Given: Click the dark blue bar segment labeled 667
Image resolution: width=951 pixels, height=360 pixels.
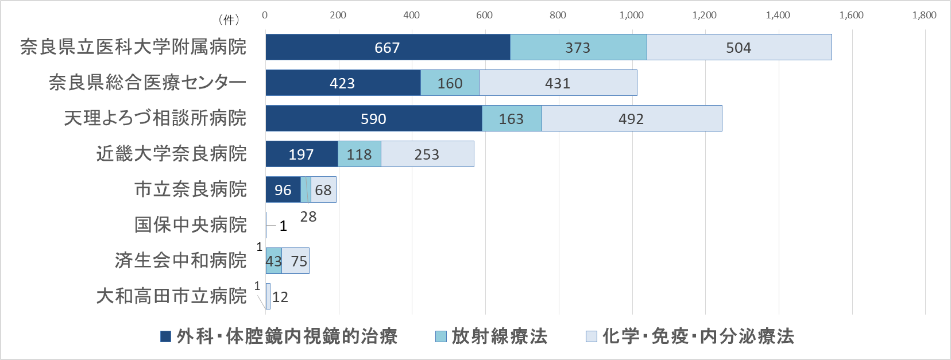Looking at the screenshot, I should (x=388, y=47).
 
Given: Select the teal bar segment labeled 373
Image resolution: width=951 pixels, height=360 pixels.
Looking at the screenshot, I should (x=578, y=47).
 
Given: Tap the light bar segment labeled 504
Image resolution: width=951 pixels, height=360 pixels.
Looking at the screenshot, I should (x=739, y=47).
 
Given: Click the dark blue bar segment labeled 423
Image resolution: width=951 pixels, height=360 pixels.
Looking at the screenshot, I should (x=343, y=83).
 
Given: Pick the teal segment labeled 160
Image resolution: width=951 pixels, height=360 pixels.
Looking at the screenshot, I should (x=450, y=83).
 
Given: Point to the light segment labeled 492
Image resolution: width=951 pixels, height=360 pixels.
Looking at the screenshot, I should (x=632, y=118).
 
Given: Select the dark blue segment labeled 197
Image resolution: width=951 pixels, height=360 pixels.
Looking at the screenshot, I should (x=301, y=154).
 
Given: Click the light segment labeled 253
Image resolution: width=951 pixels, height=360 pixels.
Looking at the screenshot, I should (x=427, y=154).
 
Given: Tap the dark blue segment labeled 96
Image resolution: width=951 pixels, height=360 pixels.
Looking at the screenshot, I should (x=283, y=189).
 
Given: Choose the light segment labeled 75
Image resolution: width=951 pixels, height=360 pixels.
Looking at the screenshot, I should (x=297, y=261).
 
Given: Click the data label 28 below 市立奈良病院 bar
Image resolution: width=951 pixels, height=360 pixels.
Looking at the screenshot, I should (x=308, y=216).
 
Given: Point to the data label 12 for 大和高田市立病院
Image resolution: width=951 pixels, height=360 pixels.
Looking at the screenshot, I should (x=280, y=297).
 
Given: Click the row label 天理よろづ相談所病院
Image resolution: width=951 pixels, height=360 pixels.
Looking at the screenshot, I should (x=155, y=118).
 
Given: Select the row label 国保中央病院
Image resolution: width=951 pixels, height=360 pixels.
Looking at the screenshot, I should (x=191, y=225).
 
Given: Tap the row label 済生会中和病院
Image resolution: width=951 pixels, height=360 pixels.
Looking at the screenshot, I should (x=180, y=261).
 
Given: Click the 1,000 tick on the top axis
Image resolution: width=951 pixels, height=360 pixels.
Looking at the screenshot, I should (x=631, y=15).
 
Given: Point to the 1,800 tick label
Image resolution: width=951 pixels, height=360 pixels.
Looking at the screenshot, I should (x=924, y=15).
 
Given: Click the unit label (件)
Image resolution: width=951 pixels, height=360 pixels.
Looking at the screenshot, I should (x=229, y=20).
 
